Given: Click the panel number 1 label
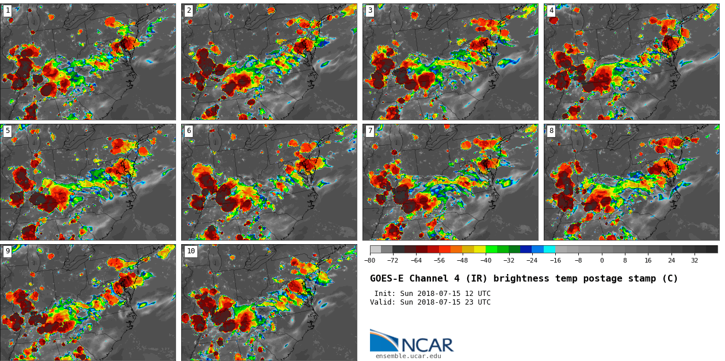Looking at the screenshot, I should click(x=7, y=10).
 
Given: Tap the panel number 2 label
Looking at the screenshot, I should click(x=189, y=10).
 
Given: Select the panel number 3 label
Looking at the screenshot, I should click(x=370, y=10).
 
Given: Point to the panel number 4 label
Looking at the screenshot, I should click(x=551, y=10).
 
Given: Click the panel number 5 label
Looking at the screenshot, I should click(x=7, y=131).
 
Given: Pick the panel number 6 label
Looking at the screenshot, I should click(x=189, y=131).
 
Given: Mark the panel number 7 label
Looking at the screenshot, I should click(x=370, y=131).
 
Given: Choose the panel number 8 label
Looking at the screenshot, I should click(x=551, y=131).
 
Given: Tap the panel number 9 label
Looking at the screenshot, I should click(x=7, y=251).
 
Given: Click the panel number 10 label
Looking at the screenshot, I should click(x=190, y=251).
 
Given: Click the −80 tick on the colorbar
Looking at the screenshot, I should click(x=370, y=260).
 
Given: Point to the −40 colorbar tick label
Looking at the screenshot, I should click(x=486, y=260).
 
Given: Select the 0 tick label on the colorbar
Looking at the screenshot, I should click(x=602, y=260).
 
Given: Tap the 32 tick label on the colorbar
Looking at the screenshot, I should click(x=695, y=260).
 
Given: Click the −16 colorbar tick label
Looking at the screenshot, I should click(x=555, y=260).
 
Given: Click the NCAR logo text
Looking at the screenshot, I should click(x=427, y=345).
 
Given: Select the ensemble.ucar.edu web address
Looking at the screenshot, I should click(x=408, y=356).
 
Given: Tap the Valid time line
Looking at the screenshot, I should click(x=430, y=302).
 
